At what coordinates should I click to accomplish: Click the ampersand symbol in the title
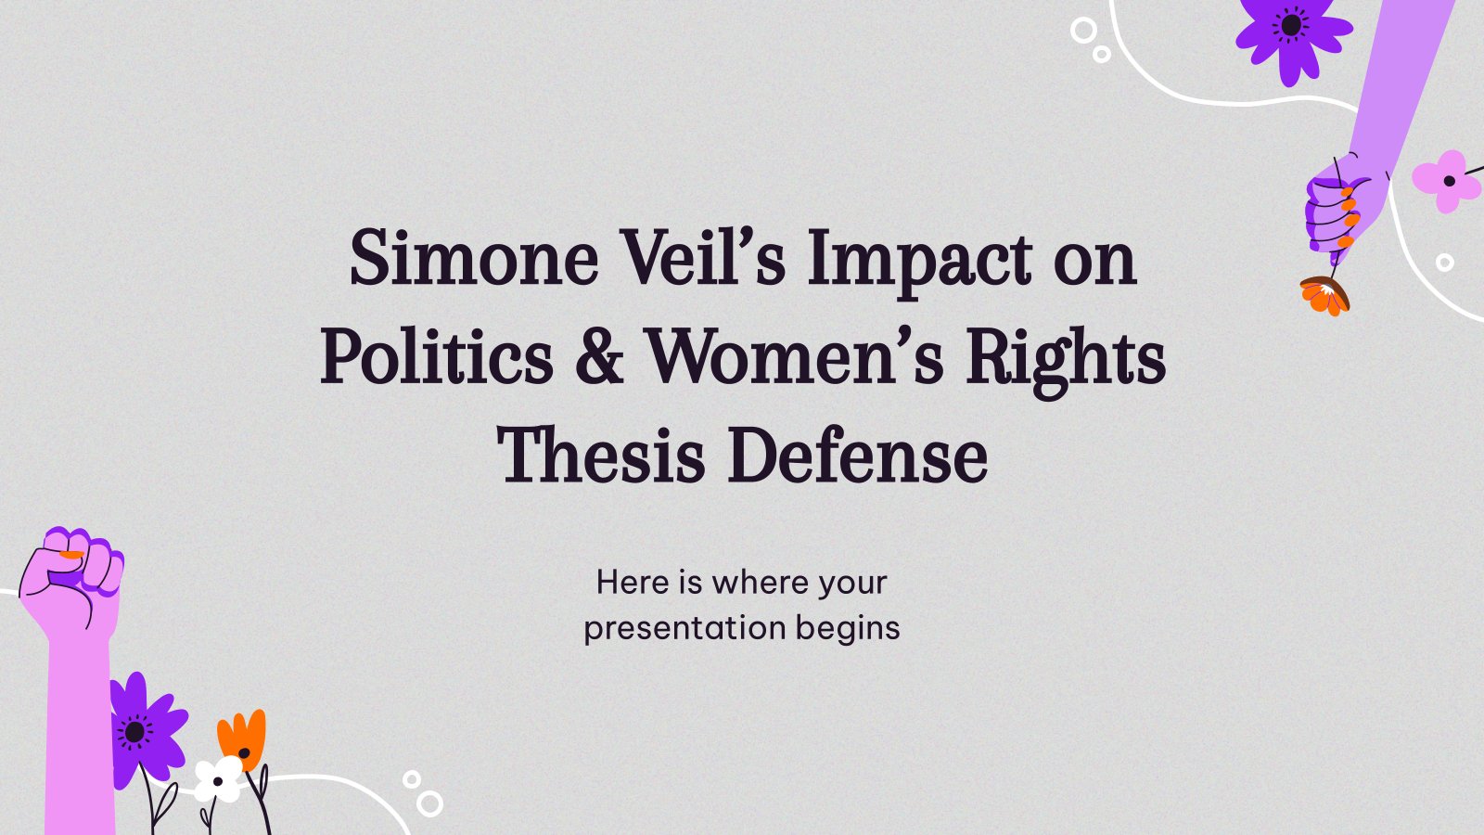click(x=599, y=357)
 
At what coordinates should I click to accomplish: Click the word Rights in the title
click(x=1066, y=363)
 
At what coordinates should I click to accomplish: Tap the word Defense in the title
click(x=858, y=455)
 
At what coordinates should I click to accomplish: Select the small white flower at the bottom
click(x=218, y=780)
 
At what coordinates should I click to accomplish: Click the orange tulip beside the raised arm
click(x=242, y=738)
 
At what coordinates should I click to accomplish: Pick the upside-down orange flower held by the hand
click(x=1324, y=296)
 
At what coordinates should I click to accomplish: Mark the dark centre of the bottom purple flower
click(x=135, y=732)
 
